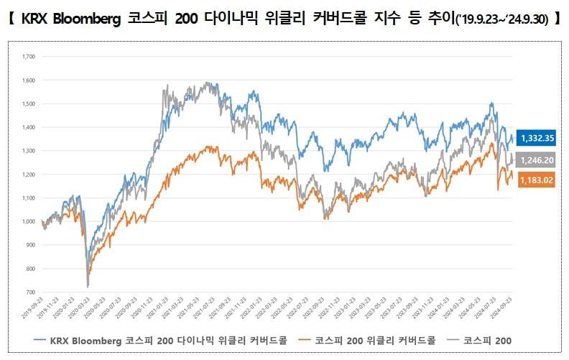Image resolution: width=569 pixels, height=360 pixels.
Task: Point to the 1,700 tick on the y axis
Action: pos(29,55)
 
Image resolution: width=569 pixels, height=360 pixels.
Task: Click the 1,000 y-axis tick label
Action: pos(29,221)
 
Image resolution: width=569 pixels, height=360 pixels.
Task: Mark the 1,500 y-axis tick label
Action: pos(29,103)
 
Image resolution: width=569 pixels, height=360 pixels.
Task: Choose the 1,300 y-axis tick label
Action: pos(29,150)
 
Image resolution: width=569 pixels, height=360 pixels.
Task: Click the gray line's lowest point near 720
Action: pos(88,287)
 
